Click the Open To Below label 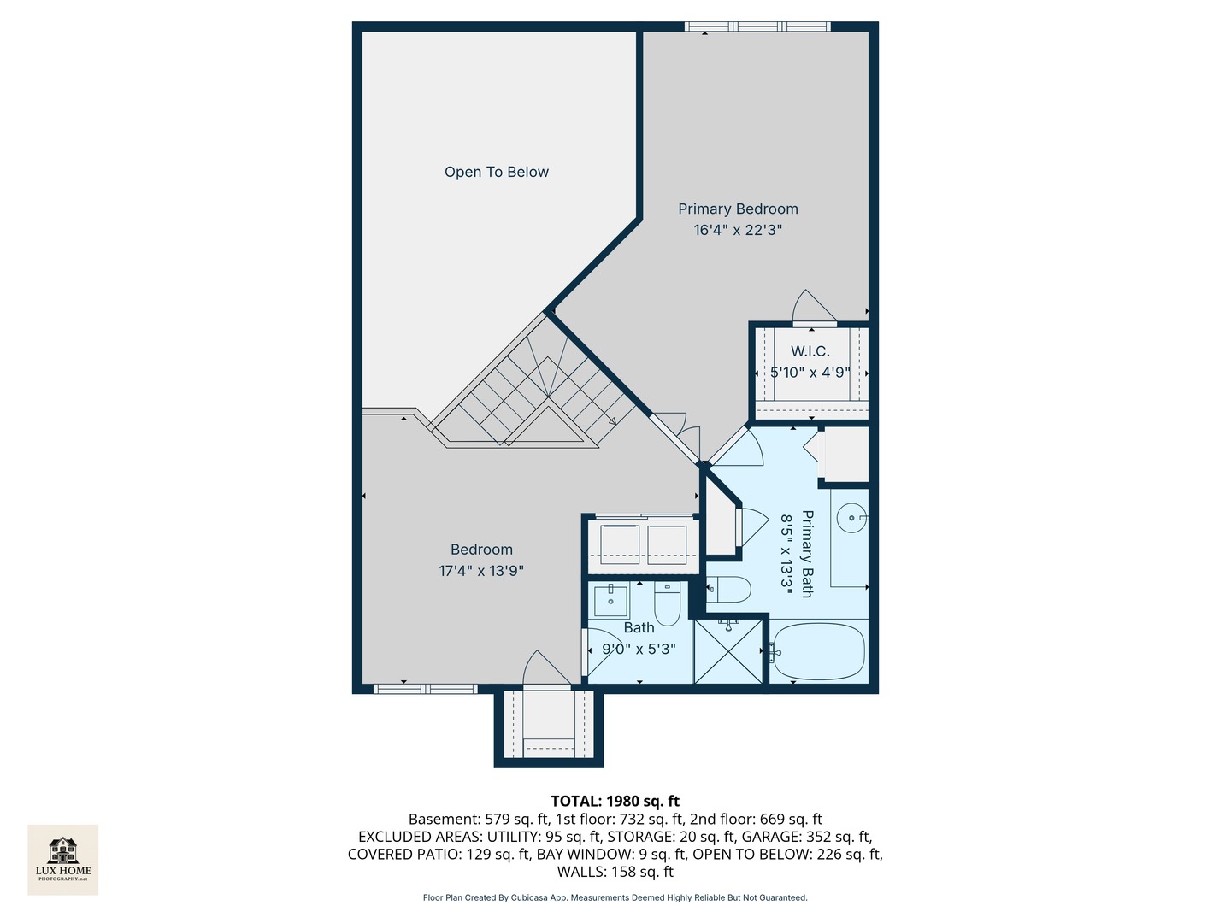(497, 172)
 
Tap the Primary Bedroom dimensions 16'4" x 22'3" (738, 231)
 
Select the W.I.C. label (810, 351)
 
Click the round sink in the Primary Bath (851, 517)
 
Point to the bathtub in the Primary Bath (819, 652)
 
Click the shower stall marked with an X (728, 651)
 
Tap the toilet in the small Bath (668, 603)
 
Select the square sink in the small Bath (610, 601)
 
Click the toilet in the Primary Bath (728, 590)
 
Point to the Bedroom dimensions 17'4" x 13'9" (481, 571)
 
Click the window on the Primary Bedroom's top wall (757, 26)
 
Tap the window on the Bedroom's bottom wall (425, 689)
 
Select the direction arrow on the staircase (612, 420)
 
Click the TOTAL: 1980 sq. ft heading (615, 802)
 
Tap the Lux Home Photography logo (62, 860)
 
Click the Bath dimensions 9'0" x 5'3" (639, 649)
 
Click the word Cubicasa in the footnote (530, 897)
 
